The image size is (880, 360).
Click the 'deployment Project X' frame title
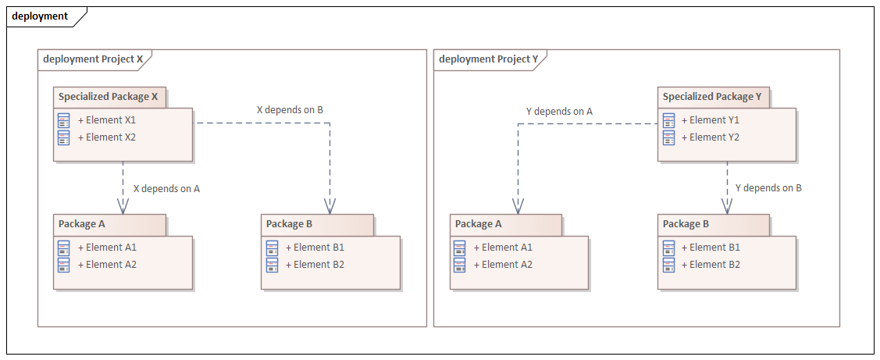pos(93,59)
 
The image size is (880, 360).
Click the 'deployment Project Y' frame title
pos(489,59)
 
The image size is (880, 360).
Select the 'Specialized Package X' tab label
pos(109,97)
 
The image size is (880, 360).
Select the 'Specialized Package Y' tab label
pos(712,97)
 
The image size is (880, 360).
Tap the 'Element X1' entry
pos(110,120)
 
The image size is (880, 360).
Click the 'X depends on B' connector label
pos(290,110)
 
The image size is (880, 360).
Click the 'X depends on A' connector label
pos(166,188)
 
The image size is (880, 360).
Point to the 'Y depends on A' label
pos(559,112)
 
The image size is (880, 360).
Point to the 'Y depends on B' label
pos(768,188)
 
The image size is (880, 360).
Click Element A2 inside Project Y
pos(507,265)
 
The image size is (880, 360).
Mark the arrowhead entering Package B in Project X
pos(330,206)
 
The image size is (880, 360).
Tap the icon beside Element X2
pos(64,137)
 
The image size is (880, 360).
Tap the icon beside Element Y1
pos(668,120)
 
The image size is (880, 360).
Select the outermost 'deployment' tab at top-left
pos(40,16)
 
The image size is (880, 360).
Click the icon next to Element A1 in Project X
pos(64,248)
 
